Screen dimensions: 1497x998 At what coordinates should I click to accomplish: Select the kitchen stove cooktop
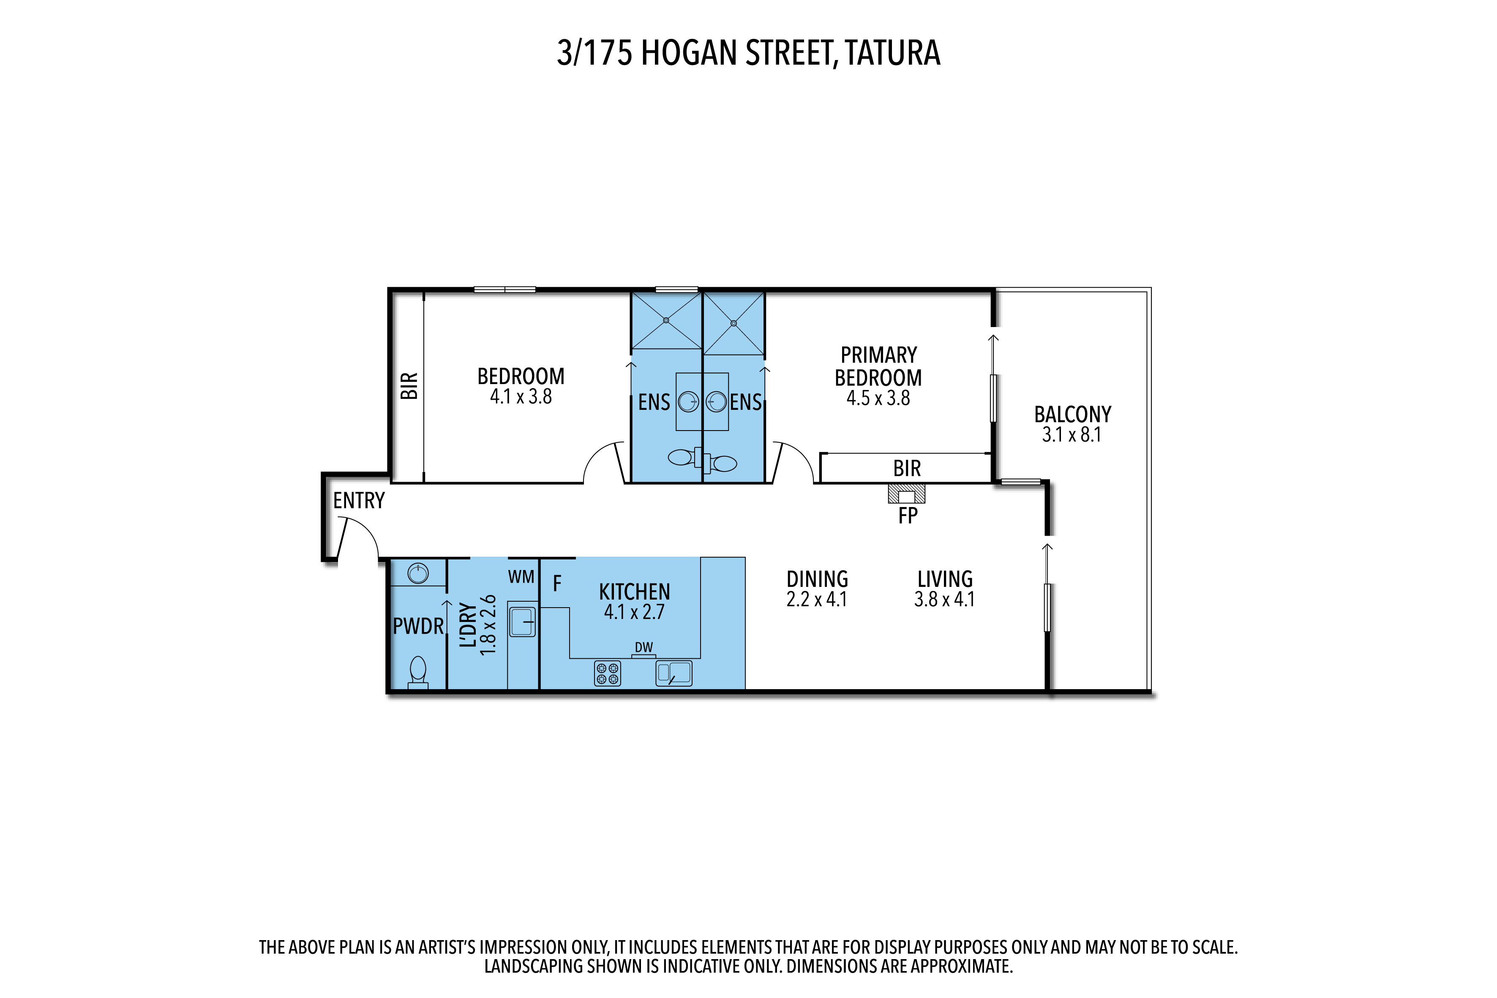(x=607, y=674)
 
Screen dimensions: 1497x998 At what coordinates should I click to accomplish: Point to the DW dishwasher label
(x=644, y=647)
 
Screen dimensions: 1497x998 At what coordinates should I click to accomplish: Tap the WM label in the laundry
(x=521, y=577)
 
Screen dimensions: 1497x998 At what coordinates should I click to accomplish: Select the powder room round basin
(x=418, y=573)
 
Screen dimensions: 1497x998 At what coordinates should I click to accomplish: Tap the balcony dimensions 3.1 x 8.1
(x=1072, y=435)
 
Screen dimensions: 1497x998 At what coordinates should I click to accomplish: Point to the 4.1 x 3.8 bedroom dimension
(x=521, y=396)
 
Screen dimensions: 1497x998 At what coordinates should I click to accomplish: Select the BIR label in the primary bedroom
(x=907, y=469)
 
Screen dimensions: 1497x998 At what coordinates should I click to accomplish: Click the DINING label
(x=817, y=579)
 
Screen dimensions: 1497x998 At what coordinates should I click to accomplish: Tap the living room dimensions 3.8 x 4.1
(x=944, y=600)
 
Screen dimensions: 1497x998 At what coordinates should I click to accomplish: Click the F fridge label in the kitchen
(x=557, y=583)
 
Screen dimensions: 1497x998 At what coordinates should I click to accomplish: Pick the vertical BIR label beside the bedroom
(x=409, y=386)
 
